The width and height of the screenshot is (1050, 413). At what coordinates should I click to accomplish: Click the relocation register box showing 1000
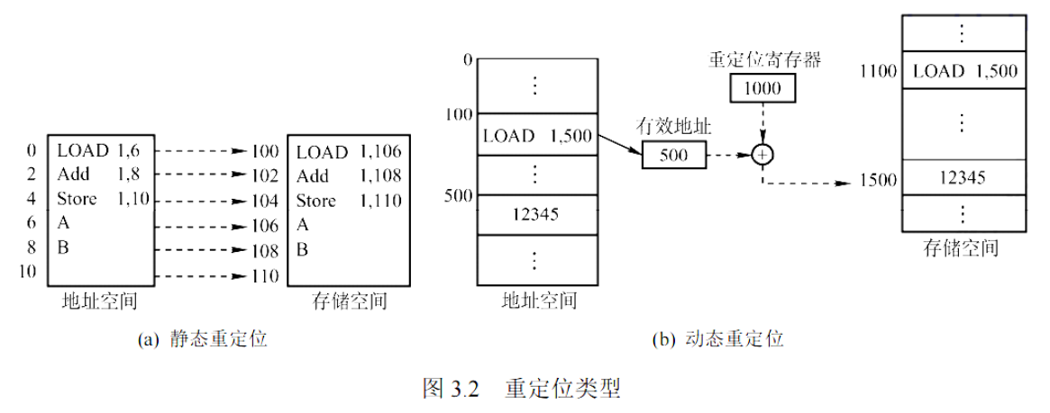[762, 88]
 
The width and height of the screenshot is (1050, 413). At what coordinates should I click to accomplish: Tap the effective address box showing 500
[674, 155]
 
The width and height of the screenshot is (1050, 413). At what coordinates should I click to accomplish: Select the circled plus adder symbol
[762, 155]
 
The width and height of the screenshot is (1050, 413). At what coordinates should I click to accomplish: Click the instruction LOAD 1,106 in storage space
[348, 151]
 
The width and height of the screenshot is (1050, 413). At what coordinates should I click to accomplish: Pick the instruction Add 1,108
[348, 175]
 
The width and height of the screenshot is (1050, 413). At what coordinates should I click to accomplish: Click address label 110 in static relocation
[265, 274]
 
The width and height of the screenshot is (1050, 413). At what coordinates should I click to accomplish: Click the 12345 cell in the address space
[535, 214]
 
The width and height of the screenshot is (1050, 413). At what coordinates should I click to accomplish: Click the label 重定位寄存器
[762, 59]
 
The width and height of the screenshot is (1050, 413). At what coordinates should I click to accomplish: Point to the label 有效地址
[673, 128]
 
